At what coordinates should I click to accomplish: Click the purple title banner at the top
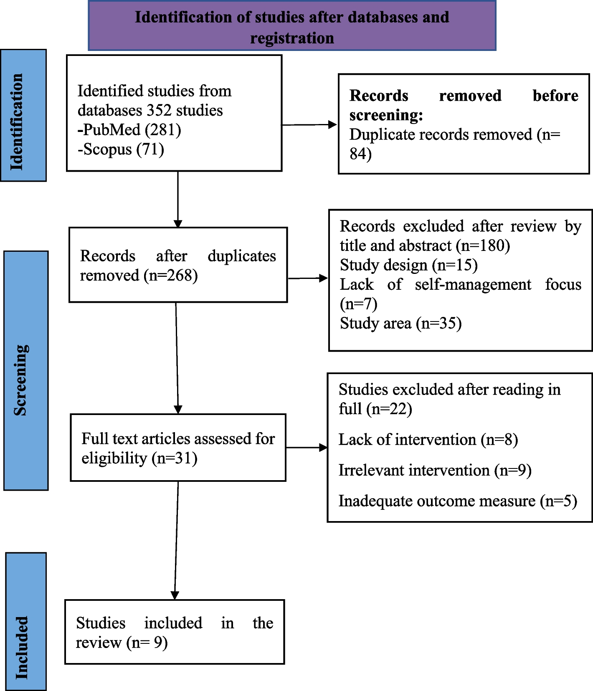[292, 25]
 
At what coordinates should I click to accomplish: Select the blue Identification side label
[23, 115]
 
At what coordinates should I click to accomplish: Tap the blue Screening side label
[26, 370]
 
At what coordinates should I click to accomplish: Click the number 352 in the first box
[159, 110]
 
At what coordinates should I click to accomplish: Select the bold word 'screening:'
[386, 115]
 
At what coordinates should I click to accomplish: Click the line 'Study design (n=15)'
[409, 265]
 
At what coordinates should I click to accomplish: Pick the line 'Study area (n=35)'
[401, 324]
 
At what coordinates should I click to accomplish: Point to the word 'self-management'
[473, 284]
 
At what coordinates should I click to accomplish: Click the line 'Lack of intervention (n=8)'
[428, 440]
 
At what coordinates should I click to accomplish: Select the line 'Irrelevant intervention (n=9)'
[435, 471]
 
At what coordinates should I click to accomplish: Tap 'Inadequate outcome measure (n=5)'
[458, 501]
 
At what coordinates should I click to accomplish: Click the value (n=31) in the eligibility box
[175, 458]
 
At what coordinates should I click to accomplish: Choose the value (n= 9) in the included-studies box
[147, 643]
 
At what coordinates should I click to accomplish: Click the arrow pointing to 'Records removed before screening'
[309, 124]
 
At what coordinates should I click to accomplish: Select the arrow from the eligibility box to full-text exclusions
[307, 448]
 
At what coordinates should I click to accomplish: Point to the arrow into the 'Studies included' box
[176, 541]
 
